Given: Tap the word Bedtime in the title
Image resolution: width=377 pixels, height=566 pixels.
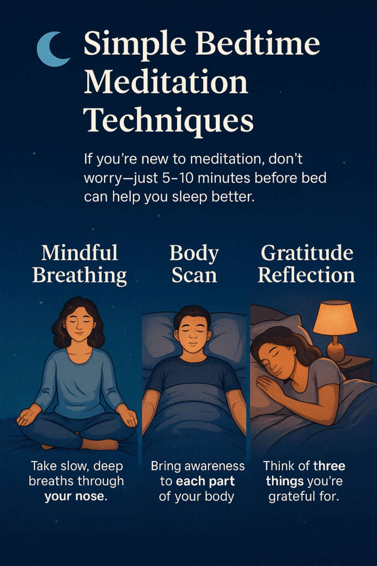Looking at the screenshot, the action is coord(257,44).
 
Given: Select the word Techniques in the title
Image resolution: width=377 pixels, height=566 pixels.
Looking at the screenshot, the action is coord(169,120).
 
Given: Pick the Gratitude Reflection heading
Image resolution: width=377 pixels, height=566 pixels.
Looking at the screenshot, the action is coord(306,264).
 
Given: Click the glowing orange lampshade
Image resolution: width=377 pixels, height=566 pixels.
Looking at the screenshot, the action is coord(335,317).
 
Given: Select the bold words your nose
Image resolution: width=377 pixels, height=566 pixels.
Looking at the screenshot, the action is coord(76,496).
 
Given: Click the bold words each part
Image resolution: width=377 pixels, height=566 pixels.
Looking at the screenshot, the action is coord(205,481).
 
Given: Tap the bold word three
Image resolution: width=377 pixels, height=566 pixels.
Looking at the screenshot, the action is coord(330,465).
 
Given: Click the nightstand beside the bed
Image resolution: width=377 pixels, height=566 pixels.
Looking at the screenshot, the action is coord(355,368).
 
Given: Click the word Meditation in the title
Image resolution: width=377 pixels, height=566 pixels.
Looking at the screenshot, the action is coord(166,82).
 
